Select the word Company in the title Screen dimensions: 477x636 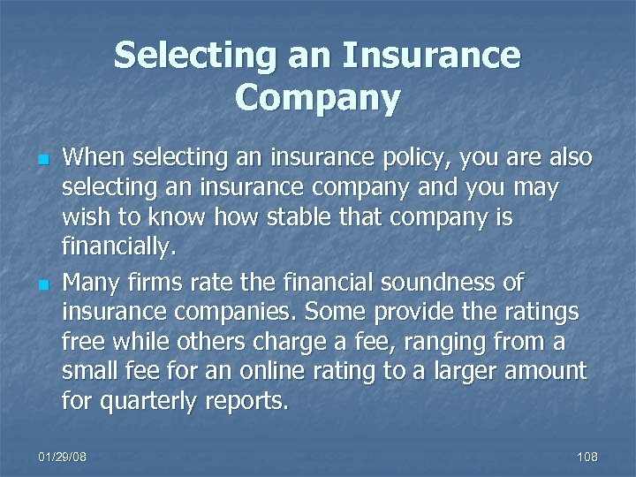(x=317, y=96)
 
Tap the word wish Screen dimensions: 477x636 (x=82, y=217)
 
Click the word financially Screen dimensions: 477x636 (x=119, y=247)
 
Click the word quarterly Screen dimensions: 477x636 (x=152, y=402)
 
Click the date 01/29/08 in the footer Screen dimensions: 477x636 (x=64, y=457)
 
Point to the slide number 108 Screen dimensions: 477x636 (x=587, y=457)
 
